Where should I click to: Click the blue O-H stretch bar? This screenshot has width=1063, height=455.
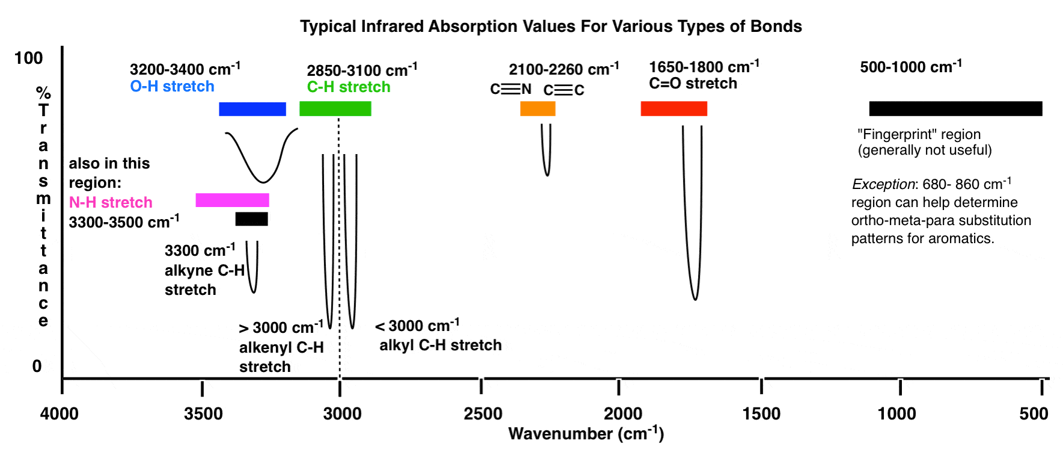coord(252,109)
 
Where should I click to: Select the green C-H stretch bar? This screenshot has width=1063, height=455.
coord(335,109)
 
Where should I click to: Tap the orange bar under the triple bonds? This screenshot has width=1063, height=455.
coord(538,109)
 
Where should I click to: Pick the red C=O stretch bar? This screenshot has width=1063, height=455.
coord(673,109)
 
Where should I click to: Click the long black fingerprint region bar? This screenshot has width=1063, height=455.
coord(955,109)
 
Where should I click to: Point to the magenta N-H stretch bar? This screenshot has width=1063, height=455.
coord(232,200)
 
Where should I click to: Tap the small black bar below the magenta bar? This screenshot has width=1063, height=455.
coord(251,219)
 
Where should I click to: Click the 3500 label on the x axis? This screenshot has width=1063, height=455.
coord(203,414)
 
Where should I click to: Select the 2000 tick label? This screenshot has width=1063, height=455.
coord(623,414)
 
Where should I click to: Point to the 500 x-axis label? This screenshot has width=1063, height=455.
coord(1034,414)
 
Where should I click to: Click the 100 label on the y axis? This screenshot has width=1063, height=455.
coord(28,58)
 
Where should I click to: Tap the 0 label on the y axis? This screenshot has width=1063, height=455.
coord(37,366)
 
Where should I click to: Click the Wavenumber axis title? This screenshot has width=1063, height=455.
coord(586,433)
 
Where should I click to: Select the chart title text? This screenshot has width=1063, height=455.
coord(551,26)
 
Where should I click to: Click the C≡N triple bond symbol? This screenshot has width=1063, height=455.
coord(510,89)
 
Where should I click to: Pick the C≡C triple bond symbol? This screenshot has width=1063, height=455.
coord(563,90)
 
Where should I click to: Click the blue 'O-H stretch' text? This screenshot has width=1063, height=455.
coord(172,87)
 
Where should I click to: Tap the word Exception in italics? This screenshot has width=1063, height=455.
coord(883,184)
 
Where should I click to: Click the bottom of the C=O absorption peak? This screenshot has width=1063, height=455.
coord(695,299)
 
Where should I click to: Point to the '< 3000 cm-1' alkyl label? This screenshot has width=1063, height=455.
coord(417,326)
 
